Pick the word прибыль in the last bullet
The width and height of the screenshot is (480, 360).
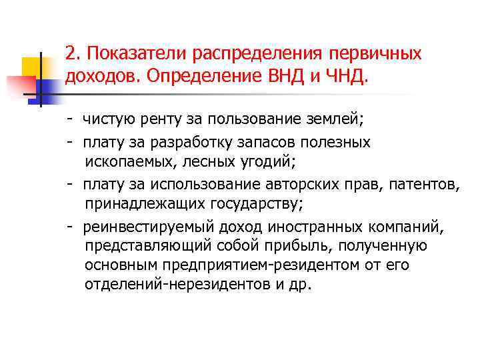point(299,246)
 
